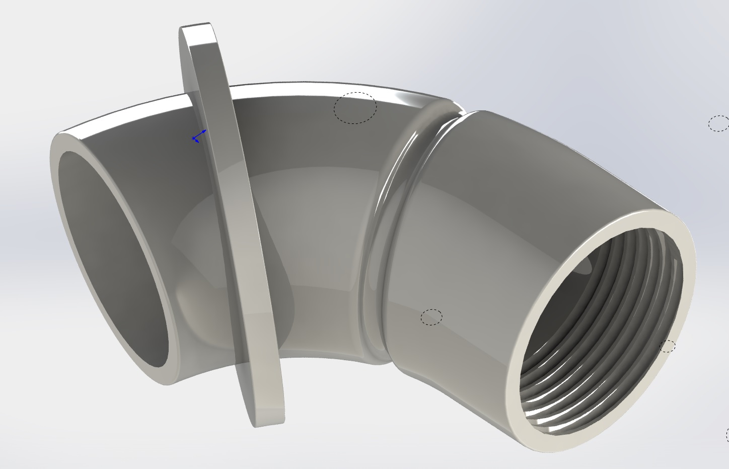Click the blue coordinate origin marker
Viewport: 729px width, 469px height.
pyautogui.click(x=195, y=138)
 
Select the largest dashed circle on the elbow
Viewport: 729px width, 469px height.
pyautogui.click(x=355, y=108)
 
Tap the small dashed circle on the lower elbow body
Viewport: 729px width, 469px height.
pyautogui.click(x=431, y=317)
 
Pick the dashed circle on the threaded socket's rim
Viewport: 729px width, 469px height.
pyautogui.click(x=668, y=346)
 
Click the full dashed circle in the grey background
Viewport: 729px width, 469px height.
pyautogui.click(x=718, y=123)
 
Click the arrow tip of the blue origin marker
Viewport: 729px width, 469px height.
pyautogui.click(x=205, y=131)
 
